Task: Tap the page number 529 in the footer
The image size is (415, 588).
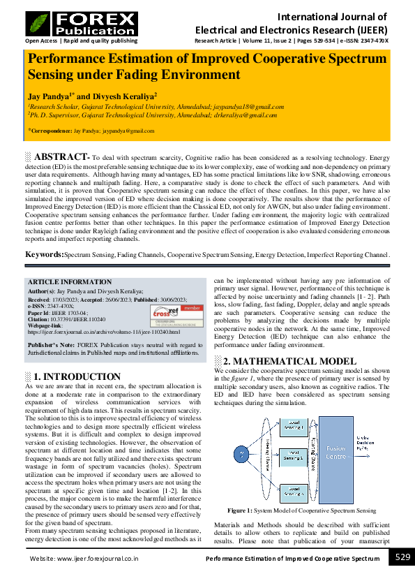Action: click(402, 557)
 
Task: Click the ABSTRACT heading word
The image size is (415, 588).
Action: click(61, 156)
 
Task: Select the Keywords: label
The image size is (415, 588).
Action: click(44, 255)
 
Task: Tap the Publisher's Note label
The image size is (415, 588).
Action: click(54, 345)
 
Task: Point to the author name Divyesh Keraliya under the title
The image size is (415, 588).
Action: click(123, 95)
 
